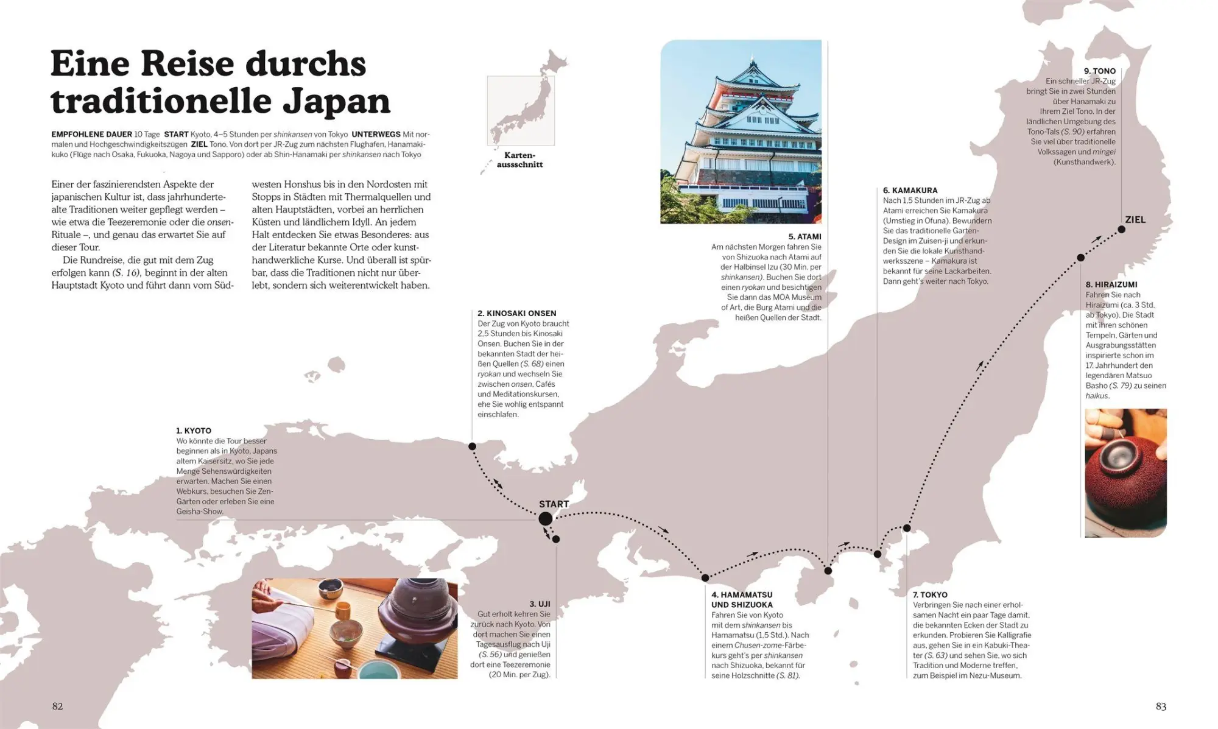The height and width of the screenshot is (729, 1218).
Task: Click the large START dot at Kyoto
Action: (545, 518)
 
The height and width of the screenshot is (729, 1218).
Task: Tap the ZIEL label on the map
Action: (1135, 220)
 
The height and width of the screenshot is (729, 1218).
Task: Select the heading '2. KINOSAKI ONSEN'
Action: (516, 313)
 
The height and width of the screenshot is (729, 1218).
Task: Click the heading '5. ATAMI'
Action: (804, 236)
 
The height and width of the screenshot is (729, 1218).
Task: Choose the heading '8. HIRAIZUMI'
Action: (1111, 284)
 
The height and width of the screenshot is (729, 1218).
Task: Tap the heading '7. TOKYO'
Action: (930, 594)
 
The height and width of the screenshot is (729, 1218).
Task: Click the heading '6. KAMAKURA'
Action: (910, 190)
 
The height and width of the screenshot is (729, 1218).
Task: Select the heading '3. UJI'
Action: (540, 604)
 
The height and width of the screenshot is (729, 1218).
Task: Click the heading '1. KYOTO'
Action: (194, 431)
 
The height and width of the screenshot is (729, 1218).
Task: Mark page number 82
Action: (57, 706)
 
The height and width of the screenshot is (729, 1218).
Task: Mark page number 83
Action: (1161, 706)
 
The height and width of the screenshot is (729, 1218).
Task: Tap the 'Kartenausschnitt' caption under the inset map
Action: (519, 160)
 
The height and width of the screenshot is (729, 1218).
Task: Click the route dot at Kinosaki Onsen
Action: (472, 446)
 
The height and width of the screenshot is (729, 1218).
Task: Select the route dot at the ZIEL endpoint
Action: (1121, 230)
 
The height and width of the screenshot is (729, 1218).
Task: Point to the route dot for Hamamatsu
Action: (705, 577)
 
